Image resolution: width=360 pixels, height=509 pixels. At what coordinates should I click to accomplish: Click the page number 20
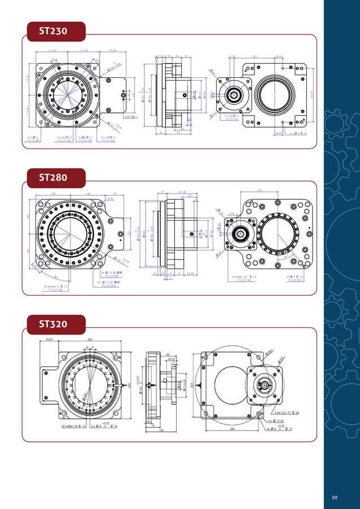point(335,497)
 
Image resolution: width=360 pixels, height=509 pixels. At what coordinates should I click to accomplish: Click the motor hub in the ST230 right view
point(232,94)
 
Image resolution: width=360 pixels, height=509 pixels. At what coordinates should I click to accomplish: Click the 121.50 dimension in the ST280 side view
point(182,192)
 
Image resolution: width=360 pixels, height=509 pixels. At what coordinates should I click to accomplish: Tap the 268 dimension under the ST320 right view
point(232,428)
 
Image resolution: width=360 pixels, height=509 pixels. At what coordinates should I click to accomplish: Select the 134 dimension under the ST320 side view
point(161,430)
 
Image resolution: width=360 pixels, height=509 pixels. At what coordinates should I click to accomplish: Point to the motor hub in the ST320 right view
point(264,386)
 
